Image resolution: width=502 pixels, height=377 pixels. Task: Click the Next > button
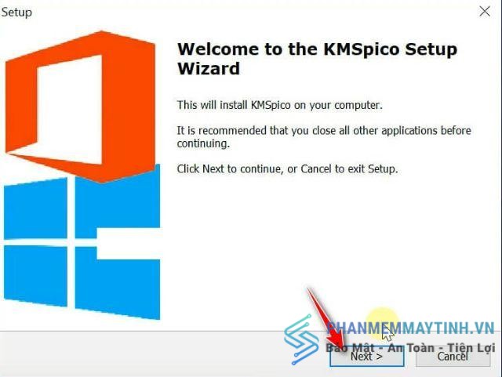point(367,357)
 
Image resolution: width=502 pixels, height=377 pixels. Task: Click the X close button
point(485,12)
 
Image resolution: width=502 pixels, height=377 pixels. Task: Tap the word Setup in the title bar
point(16,13)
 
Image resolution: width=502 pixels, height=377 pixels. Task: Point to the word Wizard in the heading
point(209,68)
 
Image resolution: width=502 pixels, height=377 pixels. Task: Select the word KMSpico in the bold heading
point(362,50)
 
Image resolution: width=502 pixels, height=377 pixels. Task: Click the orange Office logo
point(81,107)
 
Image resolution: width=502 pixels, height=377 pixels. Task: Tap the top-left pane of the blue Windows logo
point(35,208)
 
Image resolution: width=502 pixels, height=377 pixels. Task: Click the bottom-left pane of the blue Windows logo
point(35,276)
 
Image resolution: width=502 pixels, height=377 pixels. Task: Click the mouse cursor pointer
point(387,334)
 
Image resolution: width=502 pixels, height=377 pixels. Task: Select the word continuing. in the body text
point(203,143)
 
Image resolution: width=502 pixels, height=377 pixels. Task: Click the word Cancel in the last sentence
point(316,169)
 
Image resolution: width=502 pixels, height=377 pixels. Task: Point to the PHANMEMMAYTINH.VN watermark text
point(410,328)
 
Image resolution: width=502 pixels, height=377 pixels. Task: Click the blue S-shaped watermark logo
point(301,340)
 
